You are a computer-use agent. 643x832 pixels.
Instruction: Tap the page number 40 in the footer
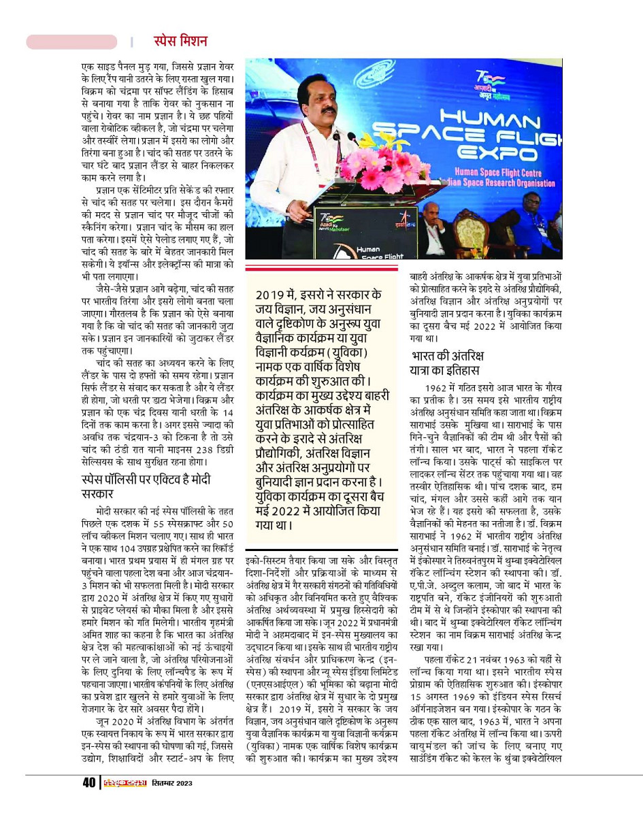[x=88, y=783]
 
